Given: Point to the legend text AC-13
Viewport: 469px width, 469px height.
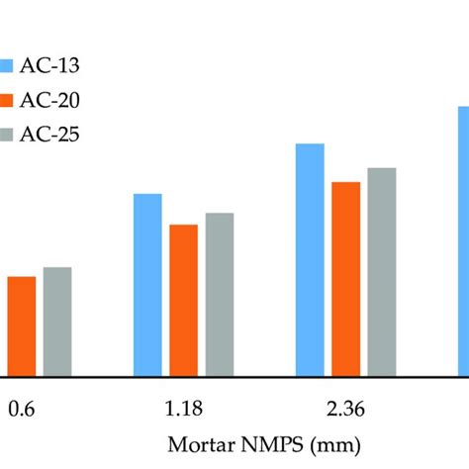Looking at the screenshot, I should (49, 65).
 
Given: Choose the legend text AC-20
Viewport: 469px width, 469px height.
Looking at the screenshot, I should (49, 99).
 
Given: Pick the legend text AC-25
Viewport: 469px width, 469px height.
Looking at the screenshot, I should (49, 133).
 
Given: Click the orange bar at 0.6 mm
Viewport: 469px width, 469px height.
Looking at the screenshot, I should (21, 327).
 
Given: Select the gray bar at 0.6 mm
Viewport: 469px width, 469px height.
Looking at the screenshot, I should (57, 322).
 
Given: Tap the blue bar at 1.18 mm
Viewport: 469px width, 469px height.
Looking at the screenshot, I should (147, 285).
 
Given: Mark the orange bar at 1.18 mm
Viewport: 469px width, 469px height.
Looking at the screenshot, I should (183, 301).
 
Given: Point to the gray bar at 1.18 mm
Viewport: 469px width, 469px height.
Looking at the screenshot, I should (219, 295).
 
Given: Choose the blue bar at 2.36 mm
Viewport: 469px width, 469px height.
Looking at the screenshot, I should (310, 260).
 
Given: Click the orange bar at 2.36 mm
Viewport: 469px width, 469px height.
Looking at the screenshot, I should (345, 279).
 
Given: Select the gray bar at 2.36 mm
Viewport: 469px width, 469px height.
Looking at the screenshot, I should (381, 272).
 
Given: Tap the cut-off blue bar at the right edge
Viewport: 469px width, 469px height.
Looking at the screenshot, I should (462, 241).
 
